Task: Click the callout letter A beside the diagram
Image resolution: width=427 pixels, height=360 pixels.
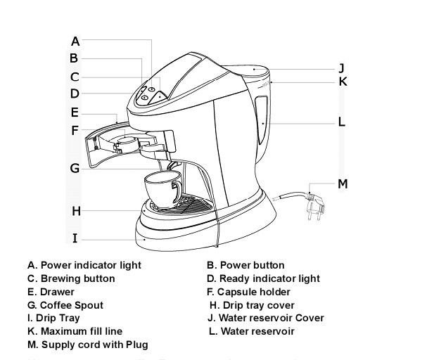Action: click(x=75, y=41)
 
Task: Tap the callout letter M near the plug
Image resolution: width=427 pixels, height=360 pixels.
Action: click(x=343, y=184)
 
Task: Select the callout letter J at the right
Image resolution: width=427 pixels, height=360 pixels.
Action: click(x=340, y=68)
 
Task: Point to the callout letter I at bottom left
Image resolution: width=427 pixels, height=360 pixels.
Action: click(x=75, y=238)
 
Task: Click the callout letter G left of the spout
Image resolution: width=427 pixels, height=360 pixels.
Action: click(x=75, y=168)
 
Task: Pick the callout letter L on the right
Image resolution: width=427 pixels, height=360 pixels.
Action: click(x=341, y=122)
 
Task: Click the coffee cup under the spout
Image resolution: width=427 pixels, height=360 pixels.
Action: click(x=160, y=188)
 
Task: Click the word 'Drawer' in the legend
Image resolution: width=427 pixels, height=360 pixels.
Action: click(x=58, y=292)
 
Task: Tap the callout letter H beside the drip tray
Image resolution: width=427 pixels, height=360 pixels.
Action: click(x=75, y=210)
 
